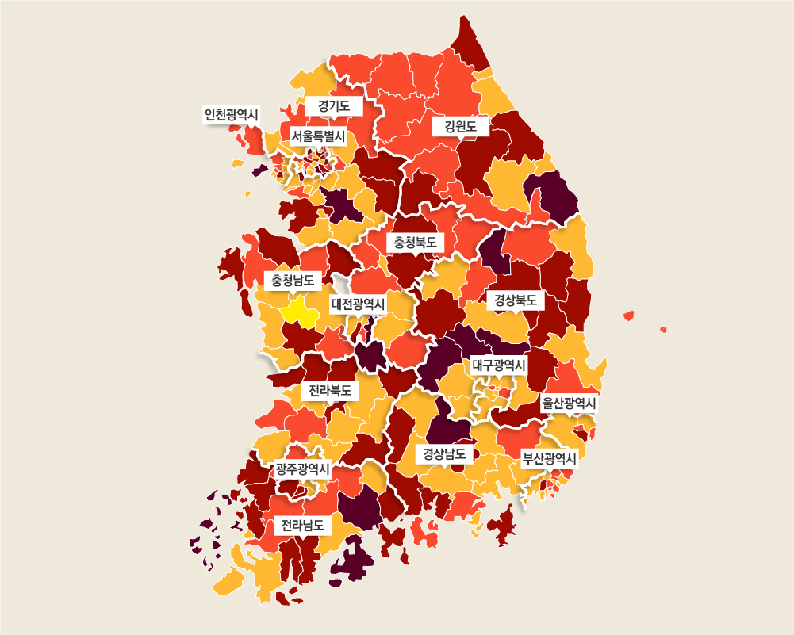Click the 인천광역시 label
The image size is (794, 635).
pyautogui.click(x=232, y=114)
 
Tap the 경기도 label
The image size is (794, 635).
pyautogui.click(x=334, y=105)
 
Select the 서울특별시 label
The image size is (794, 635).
pyautogui.click(x=317, y=136)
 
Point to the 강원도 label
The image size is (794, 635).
pyautogui.click(x=461, y=126)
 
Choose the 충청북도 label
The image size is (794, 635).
pyautogui.click(x=416, y=242)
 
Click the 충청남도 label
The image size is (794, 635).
pyautogui.click(x=292, y=280)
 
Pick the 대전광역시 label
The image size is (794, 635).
pyautogui.click(x=358, y=304)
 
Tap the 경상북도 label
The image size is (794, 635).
pyautogui.click(x=515, y=300)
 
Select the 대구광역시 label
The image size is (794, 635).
pyautogui.click(x=499, y=365)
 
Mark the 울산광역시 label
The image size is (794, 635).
pyautogui.click(x=569, y=403)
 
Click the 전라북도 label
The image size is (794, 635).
pyautogui.click(x=330, y=391)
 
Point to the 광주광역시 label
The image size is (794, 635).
pyautogui.click(x=302, y=469)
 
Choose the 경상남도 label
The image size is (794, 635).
pyautogui.click(x=444, y=454)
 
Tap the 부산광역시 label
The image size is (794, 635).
pyautogui.click(x=549, y=458)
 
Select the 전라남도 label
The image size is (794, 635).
pyautogui.click(x=302, y=525)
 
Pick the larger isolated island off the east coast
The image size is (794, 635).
pyautogui.click(x=629, y=316)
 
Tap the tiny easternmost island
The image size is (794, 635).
pyautogui.click(x=663, y=329)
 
